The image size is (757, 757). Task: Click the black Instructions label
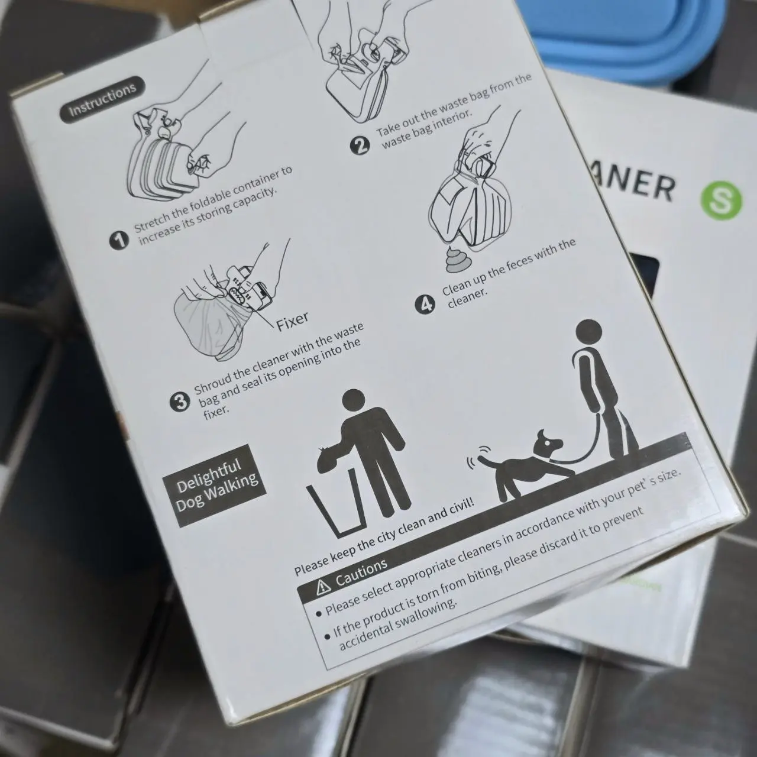[102, 100]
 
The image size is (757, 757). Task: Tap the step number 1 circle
[119, 241]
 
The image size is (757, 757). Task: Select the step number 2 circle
[360, 145]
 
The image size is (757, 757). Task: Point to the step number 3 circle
[180, 402]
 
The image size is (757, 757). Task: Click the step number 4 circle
[425, 305]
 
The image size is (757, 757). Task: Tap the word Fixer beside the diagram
[292, 321]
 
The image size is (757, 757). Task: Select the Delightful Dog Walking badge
[215, 485]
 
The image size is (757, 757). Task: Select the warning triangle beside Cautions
[323, 587]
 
